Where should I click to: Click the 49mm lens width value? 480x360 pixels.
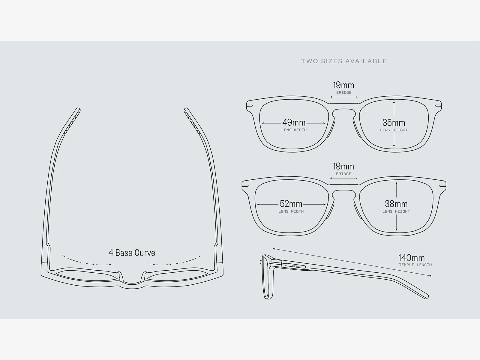(x=294, y=122)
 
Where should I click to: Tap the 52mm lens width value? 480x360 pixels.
(x=291, y=204)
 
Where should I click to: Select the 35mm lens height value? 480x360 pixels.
(x=394, y=122)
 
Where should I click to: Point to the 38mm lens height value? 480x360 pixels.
(x=396, y=204)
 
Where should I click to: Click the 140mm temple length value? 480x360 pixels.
(x=412, y=258)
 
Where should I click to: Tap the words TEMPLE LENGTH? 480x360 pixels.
(x=415, y=265)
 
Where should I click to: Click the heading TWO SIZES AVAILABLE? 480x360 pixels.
(x=344, y=61)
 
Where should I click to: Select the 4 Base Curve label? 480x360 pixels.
(x=132, y=253)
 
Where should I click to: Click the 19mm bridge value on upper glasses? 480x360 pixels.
(x=343, y=85)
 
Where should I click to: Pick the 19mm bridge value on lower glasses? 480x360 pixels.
(x=343, y=166)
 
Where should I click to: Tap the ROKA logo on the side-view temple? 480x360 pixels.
(x=295, y=266)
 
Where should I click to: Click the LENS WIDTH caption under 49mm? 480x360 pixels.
(x=294, y=130)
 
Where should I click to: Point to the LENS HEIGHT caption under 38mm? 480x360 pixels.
(x=396, y=211)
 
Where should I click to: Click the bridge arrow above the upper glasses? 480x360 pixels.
(x=344, y=97)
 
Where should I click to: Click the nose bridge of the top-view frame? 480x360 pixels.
(x=132, y=281)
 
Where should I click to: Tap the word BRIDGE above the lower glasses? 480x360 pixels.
(x=344, y=174)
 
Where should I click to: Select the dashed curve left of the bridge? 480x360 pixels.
(x=89, y=261)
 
